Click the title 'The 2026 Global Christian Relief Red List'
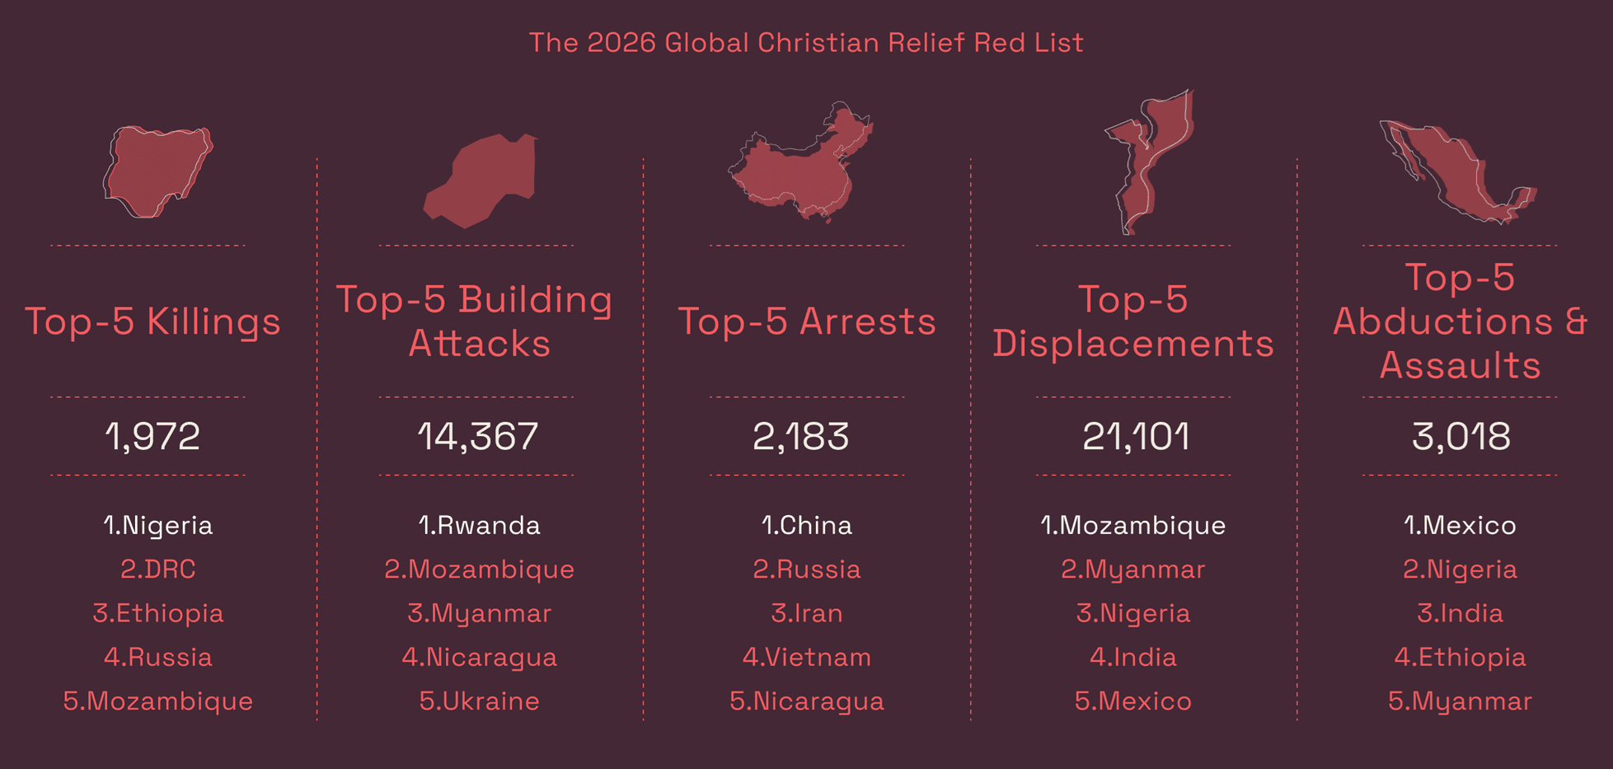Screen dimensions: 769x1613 click(806, 43)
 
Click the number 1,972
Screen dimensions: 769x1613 click(152, 436)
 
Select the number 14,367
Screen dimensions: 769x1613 click(477, 436)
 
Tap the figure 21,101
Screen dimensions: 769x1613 click(1135, 436)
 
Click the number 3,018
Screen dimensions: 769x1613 click(1461, 436)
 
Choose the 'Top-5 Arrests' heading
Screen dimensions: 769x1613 click(806, 321)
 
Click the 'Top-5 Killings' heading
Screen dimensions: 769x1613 click(152, 321)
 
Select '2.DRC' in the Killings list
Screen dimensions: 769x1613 click(157, 570)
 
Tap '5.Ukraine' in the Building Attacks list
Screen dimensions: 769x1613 click(479, 701)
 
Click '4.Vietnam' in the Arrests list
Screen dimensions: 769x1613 click(806, 658)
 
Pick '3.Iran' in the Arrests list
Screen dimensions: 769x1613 click(806, 613)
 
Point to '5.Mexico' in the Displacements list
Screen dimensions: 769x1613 click(1132, 701)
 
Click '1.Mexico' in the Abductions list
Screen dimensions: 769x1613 click(1460, 526)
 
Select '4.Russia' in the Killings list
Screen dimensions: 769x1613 click(157, 658)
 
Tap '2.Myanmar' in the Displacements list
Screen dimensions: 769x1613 click(1132, 570)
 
